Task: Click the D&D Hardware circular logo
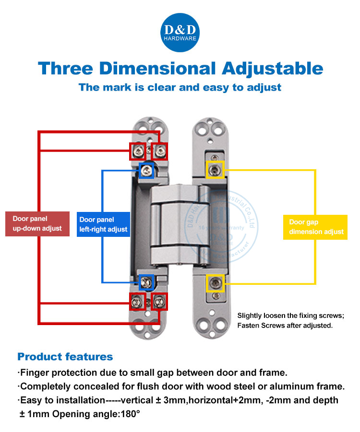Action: coord(180,33)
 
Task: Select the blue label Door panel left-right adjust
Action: coord(103,224)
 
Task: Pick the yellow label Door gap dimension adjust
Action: coord(316,227)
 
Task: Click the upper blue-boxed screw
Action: coord(146,170)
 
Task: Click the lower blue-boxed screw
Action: coord(146,282)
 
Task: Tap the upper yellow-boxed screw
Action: coord(215,170)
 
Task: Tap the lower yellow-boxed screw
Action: coord(215,283)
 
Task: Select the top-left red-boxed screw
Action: coord(137,151)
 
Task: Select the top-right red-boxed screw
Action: coord(159,151)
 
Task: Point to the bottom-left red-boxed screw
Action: coord(137,302)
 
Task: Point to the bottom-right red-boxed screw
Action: coord(159,302)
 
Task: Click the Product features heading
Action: coord(65,357)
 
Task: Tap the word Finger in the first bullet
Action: coord(36,373)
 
